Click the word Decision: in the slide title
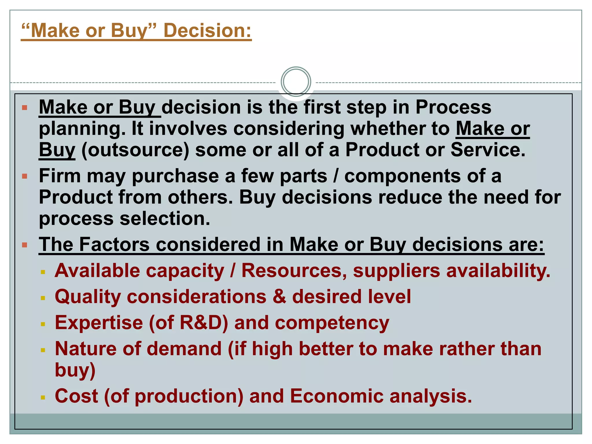coord(208,30)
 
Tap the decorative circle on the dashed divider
coord(296,82)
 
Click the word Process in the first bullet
coord(453,107)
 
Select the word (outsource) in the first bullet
coord(135,150)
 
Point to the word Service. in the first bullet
coord(488,150)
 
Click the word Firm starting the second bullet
coord(60,176)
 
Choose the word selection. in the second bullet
coord(165,219)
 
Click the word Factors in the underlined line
coord(114,245)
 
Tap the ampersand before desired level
coord(279,297)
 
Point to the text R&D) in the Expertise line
coord(204,323)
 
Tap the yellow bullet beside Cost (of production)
coord(43,397)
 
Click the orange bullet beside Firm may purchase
coord(25,176)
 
